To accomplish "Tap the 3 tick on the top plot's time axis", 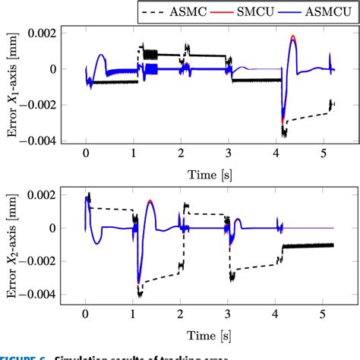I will coord(229,154).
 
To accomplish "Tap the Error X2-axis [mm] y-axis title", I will coord(13,245).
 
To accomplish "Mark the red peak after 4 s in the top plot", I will coord(293,36).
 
